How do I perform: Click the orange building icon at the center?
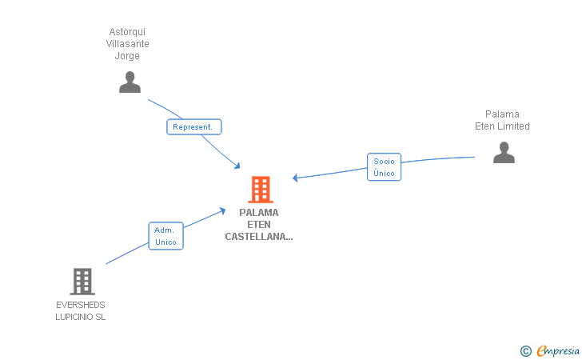tap(261, 190)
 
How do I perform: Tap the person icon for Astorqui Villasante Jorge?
tap(130, 82)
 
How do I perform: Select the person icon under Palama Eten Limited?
tap(504, 152)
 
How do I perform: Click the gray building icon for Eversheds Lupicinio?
tap(82, 282)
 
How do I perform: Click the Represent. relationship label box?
tap(194, 127)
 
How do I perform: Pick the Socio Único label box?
tap(385, 167)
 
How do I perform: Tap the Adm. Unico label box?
tap(166, 236)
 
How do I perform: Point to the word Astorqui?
tap(127, 32)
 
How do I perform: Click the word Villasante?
tap(127, 44)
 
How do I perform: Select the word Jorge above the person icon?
tap(127, 56)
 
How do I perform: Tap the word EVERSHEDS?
tap(81, 305)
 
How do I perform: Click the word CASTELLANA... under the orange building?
tap(259, 237)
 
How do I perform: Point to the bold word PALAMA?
tap(259, 213)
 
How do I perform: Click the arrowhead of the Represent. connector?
tap(237, 166)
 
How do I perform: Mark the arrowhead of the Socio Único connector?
tap(295, 178)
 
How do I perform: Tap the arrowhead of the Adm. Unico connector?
tap(223, 210)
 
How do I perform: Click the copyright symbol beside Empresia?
tap(525, 351)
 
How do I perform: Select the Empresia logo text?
tap(558, 351)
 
